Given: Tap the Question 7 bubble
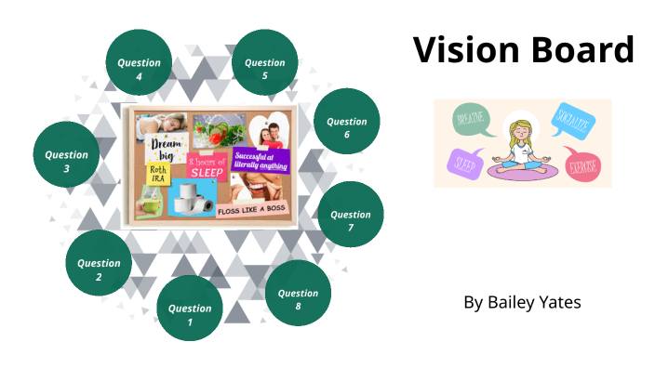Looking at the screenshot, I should [351, 221].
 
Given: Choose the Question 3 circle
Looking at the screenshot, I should [67, 162].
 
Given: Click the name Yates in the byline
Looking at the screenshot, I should [559, 303].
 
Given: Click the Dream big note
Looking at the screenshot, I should [164, 148].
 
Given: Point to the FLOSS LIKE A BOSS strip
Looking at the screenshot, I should [253, 211].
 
